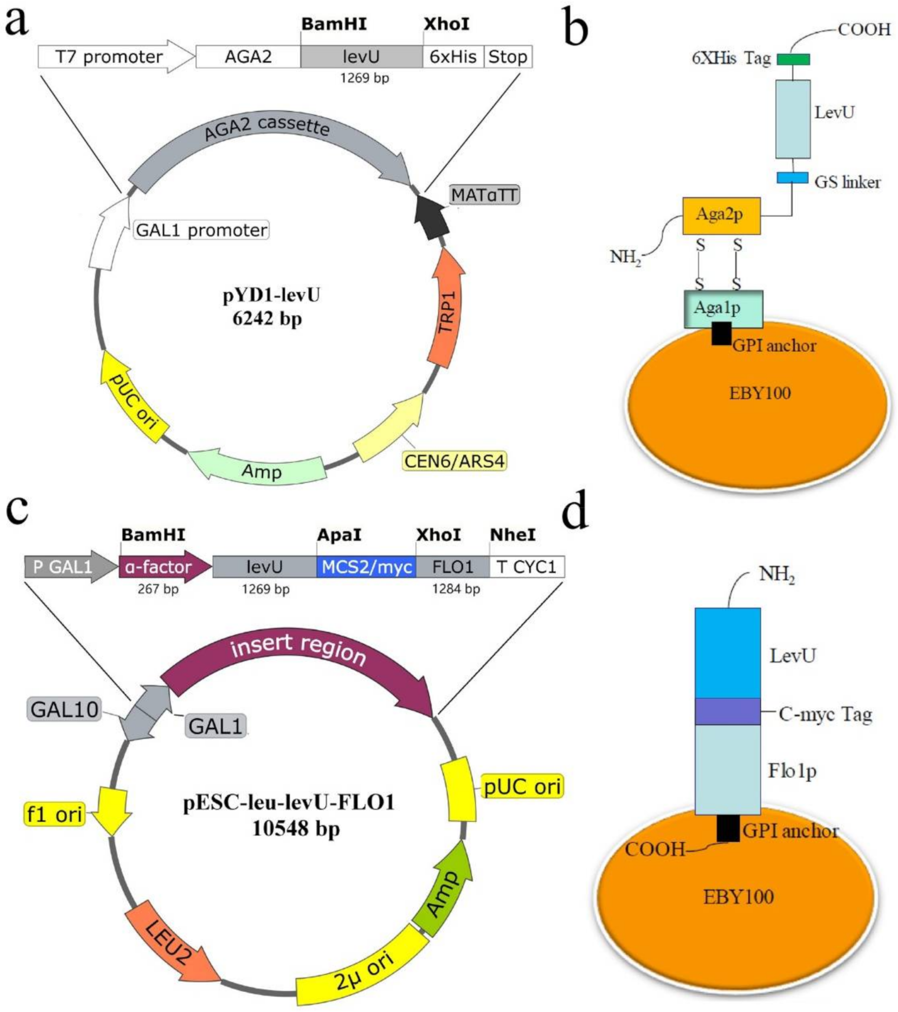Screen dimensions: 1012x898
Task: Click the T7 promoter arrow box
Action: pyautogui.click(x=109, y=57)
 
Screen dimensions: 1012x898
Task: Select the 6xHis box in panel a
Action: pyautogui.click(x=453, y=57)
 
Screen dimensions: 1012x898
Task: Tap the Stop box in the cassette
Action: pyautogui.click(x=507, y=57)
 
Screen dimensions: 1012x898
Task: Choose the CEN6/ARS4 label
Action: pyautogui.click(x=454, y=461)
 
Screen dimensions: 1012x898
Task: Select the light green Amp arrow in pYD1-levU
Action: pyautogui.click(x=257, y=469)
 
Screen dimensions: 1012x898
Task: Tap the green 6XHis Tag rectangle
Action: pyautogui.click(x=793, y=59)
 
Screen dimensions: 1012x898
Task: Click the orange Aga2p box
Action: pyautogui.click(x=721, y=216)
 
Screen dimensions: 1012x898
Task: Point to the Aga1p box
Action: pyautogui.click(x=723, y=309)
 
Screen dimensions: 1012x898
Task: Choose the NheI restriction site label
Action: pyautogui.click(x=512, y=535)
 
